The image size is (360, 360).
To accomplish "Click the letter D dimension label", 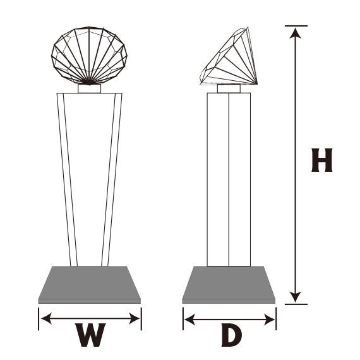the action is pos(231,336).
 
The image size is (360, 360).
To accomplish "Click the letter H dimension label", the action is pos(321,160).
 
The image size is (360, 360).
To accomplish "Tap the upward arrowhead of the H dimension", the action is pos(295,33).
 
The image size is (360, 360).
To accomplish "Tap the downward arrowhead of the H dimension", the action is pos(295,297).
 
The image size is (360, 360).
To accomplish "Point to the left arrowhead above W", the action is pos(46,318).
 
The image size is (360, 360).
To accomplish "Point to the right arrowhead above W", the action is pos(135,318).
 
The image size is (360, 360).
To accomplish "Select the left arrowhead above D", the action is pos(189,320).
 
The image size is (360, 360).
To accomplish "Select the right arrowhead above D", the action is pos(269,320).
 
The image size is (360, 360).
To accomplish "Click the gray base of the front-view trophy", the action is pos(89,285).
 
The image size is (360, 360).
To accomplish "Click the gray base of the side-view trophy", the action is pos(229,285).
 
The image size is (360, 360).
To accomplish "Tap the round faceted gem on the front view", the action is pos(89,56).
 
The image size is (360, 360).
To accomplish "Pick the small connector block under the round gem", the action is pos(89,88).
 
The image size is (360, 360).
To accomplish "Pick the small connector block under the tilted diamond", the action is pos(229,88).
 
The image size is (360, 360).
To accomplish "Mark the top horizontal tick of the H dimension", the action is pos(296,26).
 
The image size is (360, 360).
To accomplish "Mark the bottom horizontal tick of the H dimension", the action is pos(296,304).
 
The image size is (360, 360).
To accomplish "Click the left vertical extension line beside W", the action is pos(39,319).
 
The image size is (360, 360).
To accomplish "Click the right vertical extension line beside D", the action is pos(276,319).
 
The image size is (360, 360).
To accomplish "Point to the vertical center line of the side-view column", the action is pos(229,180).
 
